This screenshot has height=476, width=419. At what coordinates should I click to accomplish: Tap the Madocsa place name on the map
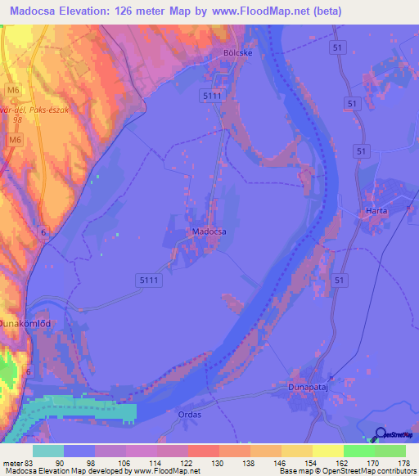coord(209,231)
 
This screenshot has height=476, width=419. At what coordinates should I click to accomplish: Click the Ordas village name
coord(189,415)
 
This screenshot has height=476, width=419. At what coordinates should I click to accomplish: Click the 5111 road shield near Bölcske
coord(214,97)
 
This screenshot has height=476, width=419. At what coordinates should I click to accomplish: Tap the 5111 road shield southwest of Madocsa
coord(149,280)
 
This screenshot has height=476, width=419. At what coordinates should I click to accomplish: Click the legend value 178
coord(404,464)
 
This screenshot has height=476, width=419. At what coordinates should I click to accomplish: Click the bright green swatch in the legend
coord(358,451)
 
